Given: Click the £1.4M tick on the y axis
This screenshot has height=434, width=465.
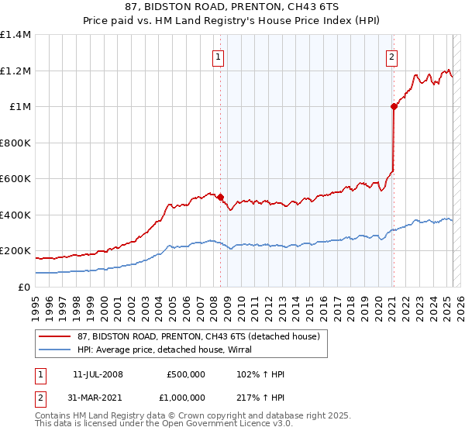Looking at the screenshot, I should click(15, 35).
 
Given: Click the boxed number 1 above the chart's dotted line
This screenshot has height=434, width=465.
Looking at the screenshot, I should click(218, 57).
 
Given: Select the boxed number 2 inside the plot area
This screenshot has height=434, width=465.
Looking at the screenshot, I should click(392, 57).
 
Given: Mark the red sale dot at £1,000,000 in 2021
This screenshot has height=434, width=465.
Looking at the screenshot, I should click(394, 107).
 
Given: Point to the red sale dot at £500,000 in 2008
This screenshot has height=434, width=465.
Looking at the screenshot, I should click(221, 197).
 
